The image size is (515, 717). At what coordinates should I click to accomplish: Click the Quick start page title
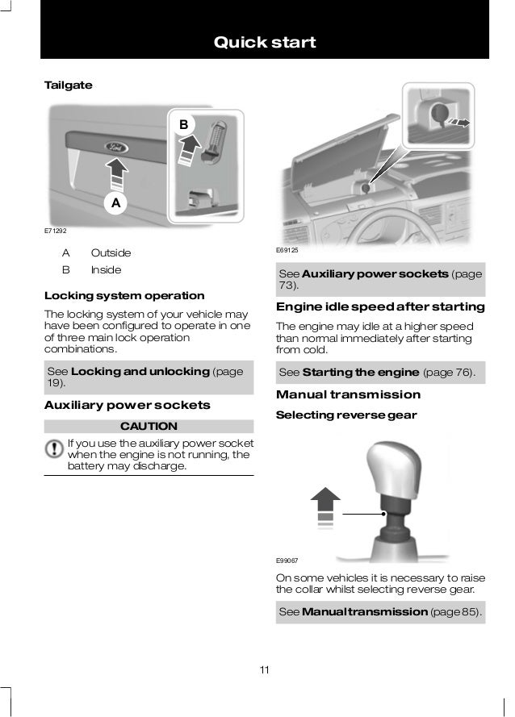pyautogui.click(x=265, y=42)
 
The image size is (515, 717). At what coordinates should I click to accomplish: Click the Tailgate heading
pyautogui.click(x=68, y=85)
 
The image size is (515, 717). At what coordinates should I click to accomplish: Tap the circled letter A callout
pyautogui.click(x=115, y=202)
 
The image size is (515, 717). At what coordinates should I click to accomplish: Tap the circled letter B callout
pyautogui.click(x=183, y=124)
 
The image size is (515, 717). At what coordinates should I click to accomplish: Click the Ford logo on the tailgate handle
pyautogui.click(x=117, y=148)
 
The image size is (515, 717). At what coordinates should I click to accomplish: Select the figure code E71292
pyautogui.click(x=56, y=231)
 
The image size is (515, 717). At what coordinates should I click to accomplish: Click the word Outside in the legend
pyautogui.click(x=111, y=253)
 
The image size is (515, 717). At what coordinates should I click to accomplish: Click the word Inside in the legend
pyautogui.click(x=107, y=270)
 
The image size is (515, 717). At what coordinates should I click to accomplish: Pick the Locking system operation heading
pyautogui.click(x=124, y=296)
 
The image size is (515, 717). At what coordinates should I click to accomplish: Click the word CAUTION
pyautogui.click(x=149, y=426)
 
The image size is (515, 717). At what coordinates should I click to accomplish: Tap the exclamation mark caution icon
pyautogui.click(x=54, y=448)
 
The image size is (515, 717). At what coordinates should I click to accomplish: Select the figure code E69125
pyautogui.click(x=287, y=250)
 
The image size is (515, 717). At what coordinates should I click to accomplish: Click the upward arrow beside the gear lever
pyautogui.click(x=325, y=506)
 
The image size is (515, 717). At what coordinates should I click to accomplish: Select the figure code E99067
pyautogui.click(x=287, y=561)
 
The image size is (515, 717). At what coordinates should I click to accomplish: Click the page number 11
pyautogui.click(x=265, y=670)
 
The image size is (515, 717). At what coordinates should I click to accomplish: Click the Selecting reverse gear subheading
pyautogui.click(x=346, y=415)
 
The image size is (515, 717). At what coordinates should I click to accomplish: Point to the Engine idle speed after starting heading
pyautogui.click(x=380, y=306)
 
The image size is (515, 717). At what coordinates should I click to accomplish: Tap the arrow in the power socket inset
pyautogui.click(x=458, y=122)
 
